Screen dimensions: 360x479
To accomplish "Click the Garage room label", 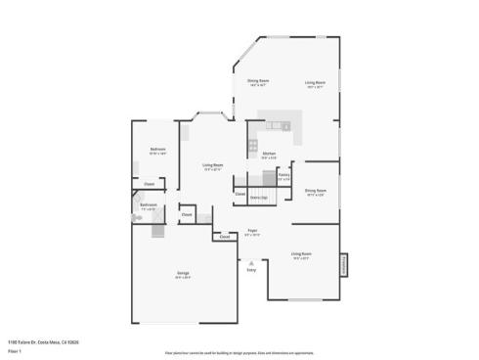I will (x=183, y=274).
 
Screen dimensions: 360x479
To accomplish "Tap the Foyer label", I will (x=252, y=230).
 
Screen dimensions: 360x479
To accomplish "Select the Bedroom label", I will (x=157, y=149).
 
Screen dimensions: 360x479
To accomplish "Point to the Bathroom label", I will (x=149, y=205).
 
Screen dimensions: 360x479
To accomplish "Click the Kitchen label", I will (x=269, y=153).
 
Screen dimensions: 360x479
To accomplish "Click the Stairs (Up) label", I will (x=259, y=197).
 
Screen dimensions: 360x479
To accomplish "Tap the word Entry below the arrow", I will (x=251, y=270).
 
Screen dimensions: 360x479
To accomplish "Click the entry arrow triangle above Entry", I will (x=251, y=262).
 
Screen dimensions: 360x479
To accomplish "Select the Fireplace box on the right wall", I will (x=343, y=265).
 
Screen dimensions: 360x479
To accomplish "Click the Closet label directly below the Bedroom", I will (x=150, y=184).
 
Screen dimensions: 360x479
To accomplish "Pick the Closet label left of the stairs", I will (x=239, y=193).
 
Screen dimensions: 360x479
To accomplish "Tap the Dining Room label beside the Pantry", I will (x=316, y=191).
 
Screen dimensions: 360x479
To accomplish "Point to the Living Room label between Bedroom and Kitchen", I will (x=213, y=165).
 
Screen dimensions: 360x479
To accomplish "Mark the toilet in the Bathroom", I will (x=139, y=219).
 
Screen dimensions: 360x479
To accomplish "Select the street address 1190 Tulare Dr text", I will (x=43, y=342).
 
